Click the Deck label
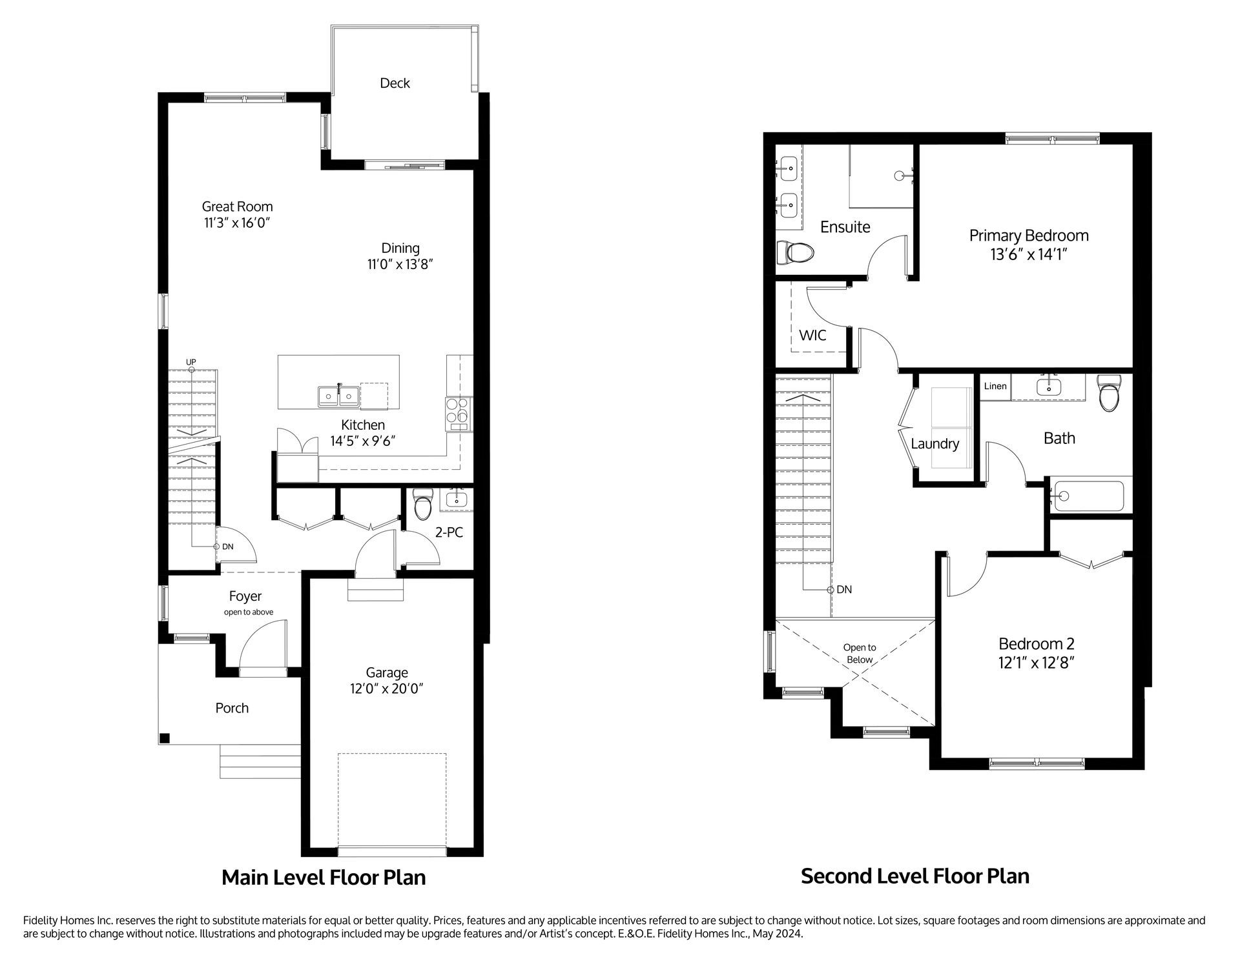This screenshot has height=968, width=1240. point(395,83)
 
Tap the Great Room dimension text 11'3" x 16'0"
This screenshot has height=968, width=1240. point(236,223)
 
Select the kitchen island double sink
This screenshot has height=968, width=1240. point(338,396)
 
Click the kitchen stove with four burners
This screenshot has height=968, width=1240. point(459,414)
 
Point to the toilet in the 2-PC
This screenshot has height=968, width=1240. point(422,507)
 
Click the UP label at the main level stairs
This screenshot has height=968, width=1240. point(191,362)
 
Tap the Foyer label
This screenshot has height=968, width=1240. point(245,596)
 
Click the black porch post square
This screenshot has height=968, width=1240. point(165,738)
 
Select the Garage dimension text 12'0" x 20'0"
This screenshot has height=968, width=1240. point(387,689)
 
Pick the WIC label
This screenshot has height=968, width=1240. point(812,336)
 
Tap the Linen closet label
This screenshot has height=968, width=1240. point(995,386)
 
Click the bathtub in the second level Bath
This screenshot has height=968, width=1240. point(1088,496)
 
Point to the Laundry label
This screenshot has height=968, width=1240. point(935,444)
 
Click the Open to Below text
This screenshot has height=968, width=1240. point(860,653)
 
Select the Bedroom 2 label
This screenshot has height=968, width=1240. point(1036,643)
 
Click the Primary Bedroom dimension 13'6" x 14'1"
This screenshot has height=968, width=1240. point(1028,255)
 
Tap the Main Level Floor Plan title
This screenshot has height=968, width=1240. point(324,878)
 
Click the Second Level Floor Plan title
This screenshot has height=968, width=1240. point(914,876)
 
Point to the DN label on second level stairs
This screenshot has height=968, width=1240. point(844,590)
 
